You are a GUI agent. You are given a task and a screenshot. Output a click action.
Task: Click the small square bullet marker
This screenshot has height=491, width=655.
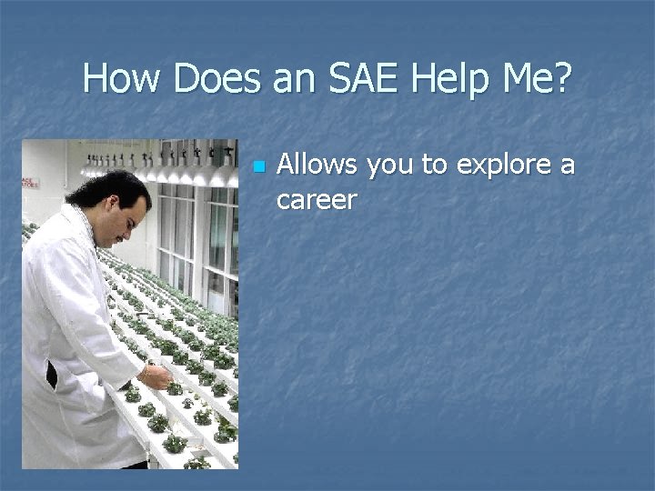click(258, 167)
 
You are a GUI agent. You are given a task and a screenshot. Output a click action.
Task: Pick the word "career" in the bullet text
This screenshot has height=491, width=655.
click(316, 198)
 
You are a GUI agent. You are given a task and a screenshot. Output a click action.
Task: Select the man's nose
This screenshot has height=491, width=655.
click(146, 218)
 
